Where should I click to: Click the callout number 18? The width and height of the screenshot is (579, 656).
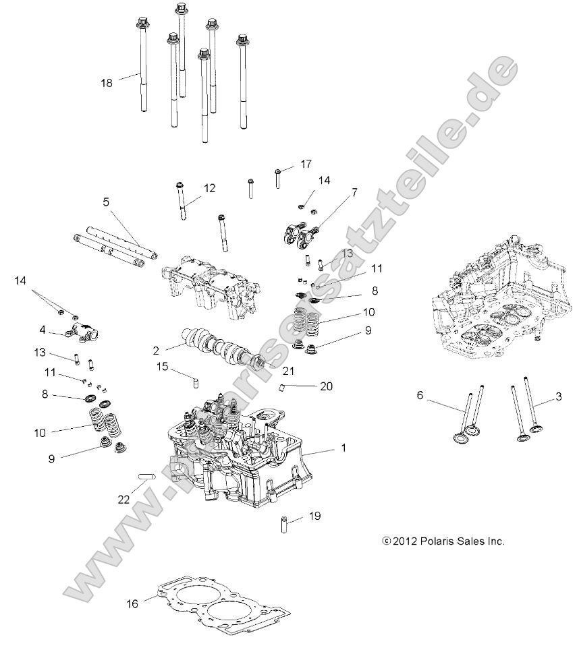coord(107,83)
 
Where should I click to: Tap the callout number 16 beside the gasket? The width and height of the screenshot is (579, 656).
coord(132,603)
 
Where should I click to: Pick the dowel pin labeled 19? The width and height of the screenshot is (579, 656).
coord(285,523)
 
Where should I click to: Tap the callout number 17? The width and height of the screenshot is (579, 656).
coord(306,164)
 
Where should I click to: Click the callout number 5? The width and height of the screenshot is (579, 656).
coord(106,201)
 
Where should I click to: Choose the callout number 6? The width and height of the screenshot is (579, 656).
coord(420,396)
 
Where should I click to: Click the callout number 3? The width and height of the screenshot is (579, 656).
coord(558,397)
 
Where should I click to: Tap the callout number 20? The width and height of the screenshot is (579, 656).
coord(327,386)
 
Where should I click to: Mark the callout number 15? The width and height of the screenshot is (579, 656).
coord(163,366)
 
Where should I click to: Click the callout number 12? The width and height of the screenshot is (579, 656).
coord(209,188)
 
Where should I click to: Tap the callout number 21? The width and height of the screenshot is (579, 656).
coord(289,371)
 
